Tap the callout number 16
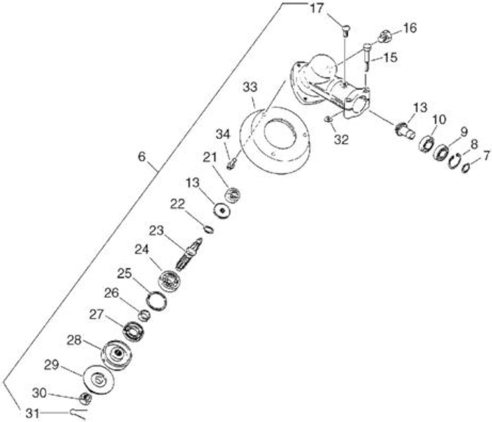[410, 28]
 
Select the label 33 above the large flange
[250, 87]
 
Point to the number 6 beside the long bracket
[142, 157]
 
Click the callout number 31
[32, 413]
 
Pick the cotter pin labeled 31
[78, 414]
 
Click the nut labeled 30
[85, 399]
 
